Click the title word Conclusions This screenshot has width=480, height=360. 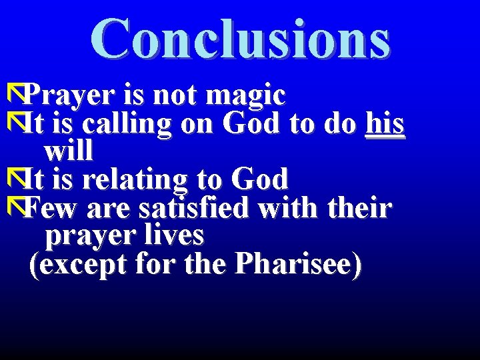[240, 39]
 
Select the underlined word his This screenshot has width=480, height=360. [385, 123]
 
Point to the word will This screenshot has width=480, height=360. [68, 151]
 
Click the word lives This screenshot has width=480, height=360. [177, 235]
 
